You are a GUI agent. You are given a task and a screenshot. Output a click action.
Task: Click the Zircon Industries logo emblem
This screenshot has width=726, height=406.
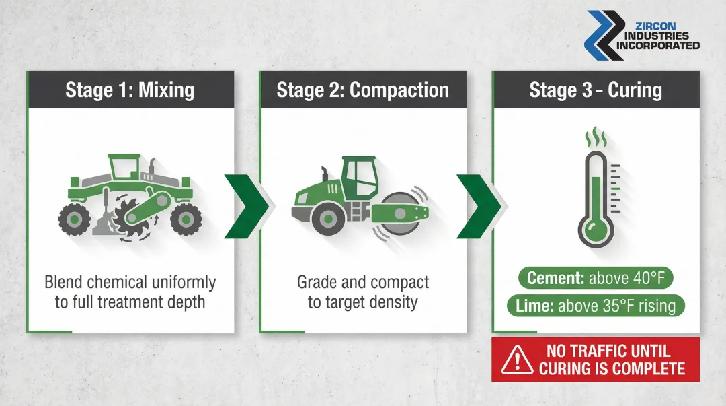click(602, 34)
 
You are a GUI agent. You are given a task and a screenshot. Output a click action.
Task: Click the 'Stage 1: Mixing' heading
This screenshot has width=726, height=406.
click(130, 90)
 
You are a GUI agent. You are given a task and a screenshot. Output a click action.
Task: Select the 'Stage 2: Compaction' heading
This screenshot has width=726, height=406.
click(362, 90)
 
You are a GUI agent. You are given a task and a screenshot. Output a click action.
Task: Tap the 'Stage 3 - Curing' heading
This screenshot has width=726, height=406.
click(596, 90)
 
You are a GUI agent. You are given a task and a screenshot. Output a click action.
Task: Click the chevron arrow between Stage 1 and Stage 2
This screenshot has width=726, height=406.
click(246, 206)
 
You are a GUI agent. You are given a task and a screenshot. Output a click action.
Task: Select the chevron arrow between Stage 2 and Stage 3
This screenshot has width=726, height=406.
click(479, 206)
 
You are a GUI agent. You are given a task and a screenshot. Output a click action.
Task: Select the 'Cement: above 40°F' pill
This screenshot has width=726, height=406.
click(596, 278)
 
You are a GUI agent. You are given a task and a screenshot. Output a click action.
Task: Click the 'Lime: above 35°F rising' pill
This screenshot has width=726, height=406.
click(596, 306)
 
